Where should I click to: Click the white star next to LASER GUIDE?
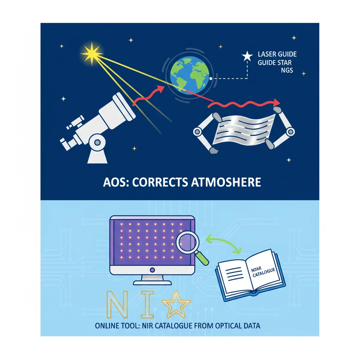[x=247, y=56]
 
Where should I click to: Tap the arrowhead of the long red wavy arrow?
[x=277, y=102]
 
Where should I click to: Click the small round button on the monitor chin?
[x=152, y=270]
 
